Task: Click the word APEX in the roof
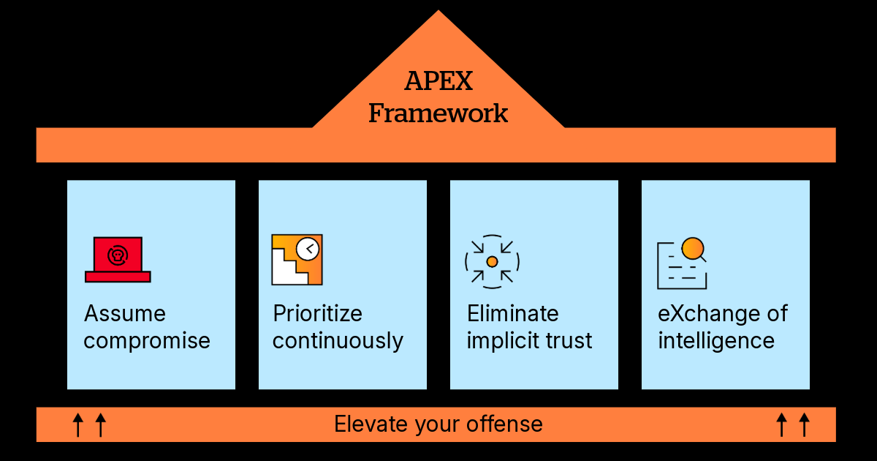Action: click(x=438, y=81)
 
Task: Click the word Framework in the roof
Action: click(x=438, y=113)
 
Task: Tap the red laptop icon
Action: click(x=118, y=260)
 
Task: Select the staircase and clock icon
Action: click(x=297, y=260)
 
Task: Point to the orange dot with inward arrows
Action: click(x=492, y=261)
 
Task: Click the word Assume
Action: click(x=125, y=314)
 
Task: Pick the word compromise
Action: click(x=147, y=341)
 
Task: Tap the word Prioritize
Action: click(x=317, y=314)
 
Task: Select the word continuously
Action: click(x=338, y=341)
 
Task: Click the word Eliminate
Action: click(x=513, y=314)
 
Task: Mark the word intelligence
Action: click(x=716, y=341)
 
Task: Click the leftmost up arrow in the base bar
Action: click(x=78, y=424)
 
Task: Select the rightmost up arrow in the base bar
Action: click(x=804, y=424)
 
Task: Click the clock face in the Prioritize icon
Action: click(x=308, y=249)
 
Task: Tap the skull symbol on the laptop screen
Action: click(x=117, y=255)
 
